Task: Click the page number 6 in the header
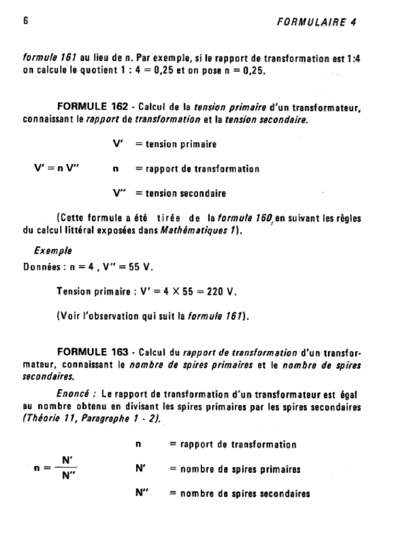tap(25, 22)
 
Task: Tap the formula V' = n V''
tap(56, 169)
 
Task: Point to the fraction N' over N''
tap(68, 469)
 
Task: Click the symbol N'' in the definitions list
tap(142, 493)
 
